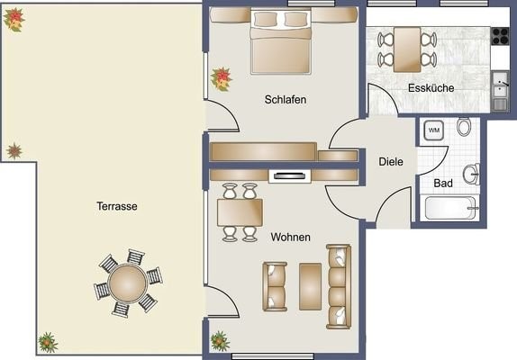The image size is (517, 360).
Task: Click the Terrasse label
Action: (117, 206)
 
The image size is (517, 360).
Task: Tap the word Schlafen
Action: (286, 100)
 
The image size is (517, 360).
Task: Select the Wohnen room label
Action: (291, 237)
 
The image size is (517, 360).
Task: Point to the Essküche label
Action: (431, 88)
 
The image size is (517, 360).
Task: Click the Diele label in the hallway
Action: (391, 162)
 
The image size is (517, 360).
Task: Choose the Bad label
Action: (443, 183)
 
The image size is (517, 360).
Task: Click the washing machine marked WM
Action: (433, 130)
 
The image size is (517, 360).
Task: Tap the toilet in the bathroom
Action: (464, 126)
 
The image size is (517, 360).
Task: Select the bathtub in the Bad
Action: (449, 208)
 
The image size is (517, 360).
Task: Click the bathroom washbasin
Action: (471, 174)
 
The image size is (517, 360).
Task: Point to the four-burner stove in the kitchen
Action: (500, 36)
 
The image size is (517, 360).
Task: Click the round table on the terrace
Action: (128, 283)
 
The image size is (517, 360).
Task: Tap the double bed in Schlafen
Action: (281, 41)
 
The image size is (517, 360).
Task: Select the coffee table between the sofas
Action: (310, 286)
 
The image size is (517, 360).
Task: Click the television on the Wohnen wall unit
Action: (290, 176)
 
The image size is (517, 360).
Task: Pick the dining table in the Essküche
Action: (407, 49)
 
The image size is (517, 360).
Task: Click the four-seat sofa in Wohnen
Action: (339, 286)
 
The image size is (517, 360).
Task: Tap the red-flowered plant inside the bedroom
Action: (221, 79)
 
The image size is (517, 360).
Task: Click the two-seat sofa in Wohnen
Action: (275, 286)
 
